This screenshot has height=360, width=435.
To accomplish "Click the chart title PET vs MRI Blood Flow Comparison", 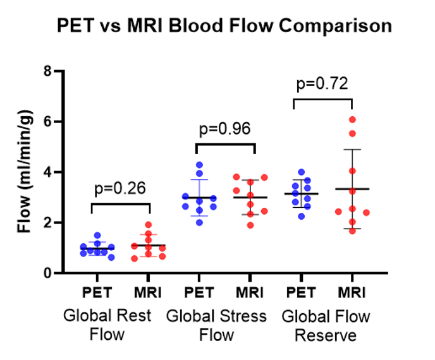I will tap(224, 27).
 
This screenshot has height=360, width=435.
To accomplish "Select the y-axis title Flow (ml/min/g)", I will tap(24, 172).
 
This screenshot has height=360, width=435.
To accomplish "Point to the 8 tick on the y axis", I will tap(47, 71).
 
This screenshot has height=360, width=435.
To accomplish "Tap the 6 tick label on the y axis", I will tap(47, 122).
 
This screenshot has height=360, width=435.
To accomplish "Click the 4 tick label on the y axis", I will tap(47, 172).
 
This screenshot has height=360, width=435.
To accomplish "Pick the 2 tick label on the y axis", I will tap(47, 223).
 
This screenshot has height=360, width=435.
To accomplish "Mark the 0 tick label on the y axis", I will tap(47, 273).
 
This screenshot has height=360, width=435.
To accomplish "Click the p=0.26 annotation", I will tap(121, 188).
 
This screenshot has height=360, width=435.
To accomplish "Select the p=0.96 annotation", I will tap(225, 129).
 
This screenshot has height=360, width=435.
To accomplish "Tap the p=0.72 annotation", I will tap(322, 83).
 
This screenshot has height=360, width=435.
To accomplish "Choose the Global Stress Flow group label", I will tap(216, 325).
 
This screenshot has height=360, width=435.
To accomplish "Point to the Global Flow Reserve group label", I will tap(326, 325).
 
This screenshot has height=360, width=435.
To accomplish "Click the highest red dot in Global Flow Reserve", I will tap(352, 119).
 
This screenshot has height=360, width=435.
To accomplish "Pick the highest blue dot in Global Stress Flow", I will tap(199, 165).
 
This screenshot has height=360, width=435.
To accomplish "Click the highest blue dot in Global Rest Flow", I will tap(97, 236).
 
